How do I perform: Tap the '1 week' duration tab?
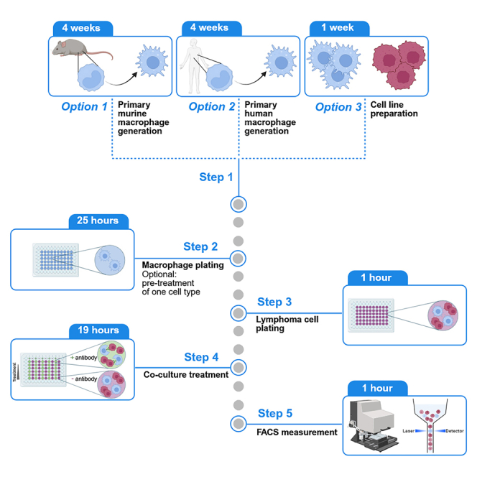click(338, 28)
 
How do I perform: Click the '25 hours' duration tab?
click(98, 221)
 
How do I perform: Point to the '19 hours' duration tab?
click(98, 330)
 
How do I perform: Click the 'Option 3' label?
click(338, 107)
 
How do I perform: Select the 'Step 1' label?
click(216, 177)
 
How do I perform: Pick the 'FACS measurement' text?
click(297, 432)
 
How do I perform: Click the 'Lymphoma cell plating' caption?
click(287, 324)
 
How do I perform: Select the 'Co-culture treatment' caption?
click(186, 375)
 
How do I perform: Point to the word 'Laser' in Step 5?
click(408, 431)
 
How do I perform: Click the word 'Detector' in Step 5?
click(455, 431)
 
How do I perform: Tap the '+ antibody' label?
click(83, 358)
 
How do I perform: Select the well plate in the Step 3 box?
click(371, 315)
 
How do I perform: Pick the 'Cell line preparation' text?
click(394, 109)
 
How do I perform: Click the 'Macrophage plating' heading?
click(183, 265)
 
